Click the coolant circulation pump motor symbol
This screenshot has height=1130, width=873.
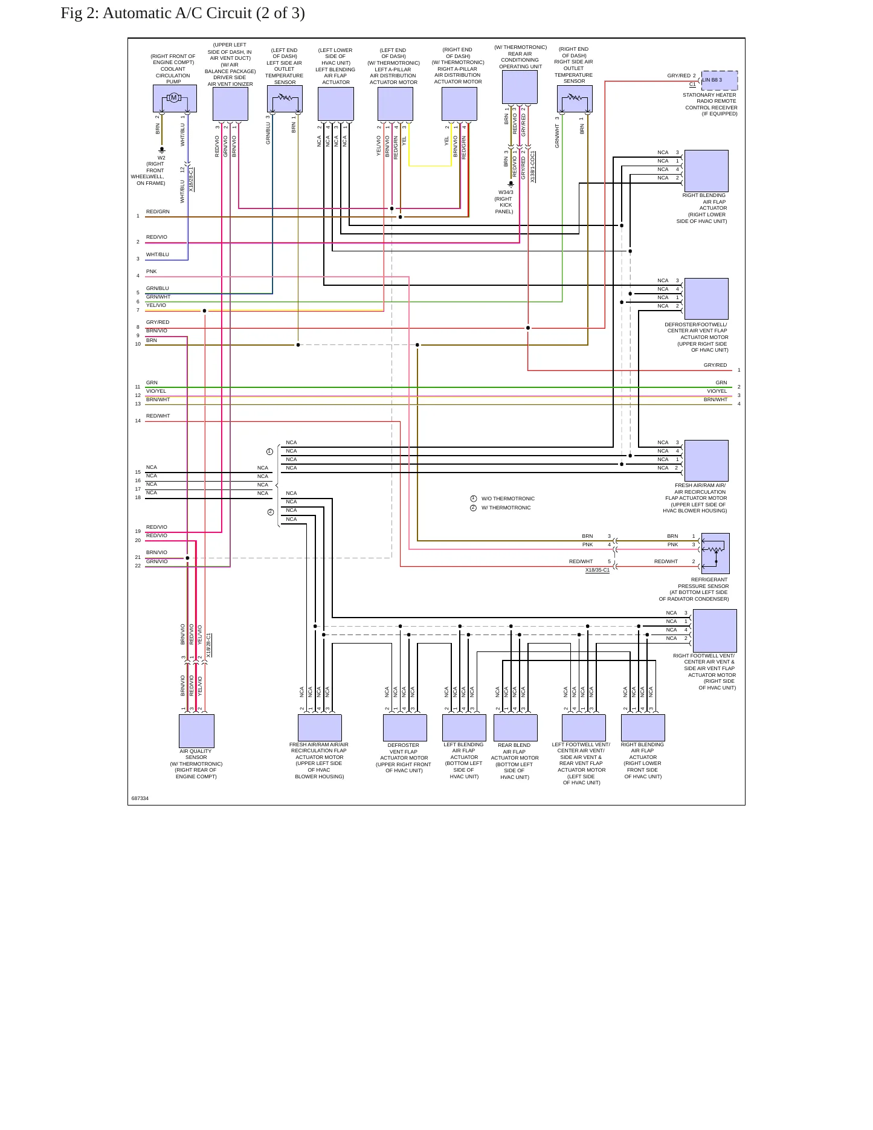coord(174,98)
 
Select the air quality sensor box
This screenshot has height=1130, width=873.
coord(196,731)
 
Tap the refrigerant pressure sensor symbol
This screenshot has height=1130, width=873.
coord(715,553)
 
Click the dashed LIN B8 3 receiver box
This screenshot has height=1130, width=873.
coord(720,80)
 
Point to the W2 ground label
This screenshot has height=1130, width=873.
coord(161,158)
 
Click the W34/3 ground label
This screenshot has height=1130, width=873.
coord(506,192)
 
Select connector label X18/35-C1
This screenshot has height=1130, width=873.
coord(598,570)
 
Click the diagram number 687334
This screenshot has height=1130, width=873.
coord(140,798)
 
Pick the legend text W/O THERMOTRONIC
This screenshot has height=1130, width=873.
coord(508,499)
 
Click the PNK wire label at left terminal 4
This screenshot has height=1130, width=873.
coord(151,271)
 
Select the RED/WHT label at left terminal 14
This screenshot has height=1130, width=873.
coord(158,416)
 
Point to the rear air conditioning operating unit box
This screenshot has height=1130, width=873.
coord(520,87)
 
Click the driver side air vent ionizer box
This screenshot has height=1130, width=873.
coord(230,104)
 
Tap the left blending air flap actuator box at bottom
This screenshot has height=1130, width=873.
coord(464,728)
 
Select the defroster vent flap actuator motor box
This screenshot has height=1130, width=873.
coord(405,728)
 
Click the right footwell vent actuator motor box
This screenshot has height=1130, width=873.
coord(715,631)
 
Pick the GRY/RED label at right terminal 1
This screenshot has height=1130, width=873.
coord(715,365)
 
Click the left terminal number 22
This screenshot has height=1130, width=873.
coord(138,566)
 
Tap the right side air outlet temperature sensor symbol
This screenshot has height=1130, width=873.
coord(575,98)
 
